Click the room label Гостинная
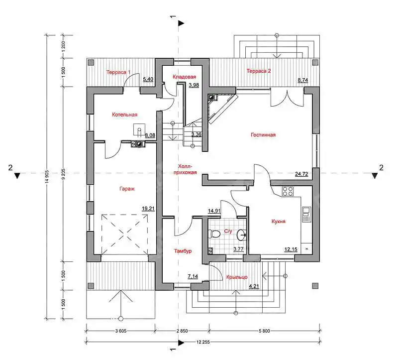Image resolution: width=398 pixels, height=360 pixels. tap(263, 134)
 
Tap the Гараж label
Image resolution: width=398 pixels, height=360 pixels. tap(127, 189)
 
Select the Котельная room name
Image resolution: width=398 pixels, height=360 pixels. tap(125, 115)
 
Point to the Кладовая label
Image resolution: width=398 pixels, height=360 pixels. tap(184, 77)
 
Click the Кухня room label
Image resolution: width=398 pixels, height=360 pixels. tap(279, 221)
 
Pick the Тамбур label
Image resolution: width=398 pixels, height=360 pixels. tap(183, 251)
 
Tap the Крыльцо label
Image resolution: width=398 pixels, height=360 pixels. tap(237, 277)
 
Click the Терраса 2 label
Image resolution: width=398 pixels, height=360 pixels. tap(259, 71)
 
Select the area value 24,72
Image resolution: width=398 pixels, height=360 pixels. tap(301, 174)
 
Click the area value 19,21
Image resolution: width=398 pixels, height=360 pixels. tap(148, 209)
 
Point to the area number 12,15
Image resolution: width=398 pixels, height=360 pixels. tap(291, 249)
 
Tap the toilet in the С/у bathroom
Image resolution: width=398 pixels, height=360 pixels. tap(214, 234)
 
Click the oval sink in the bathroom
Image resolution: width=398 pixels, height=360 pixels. tap(241, 235)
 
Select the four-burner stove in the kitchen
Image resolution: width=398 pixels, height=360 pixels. tap(288, 191)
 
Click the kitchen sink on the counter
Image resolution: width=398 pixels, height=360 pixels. tap(306, 215)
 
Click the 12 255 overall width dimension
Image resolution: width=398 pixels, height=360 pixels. tap(203, 342)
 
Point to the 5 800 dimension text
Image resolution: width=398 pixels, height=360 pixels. tap(264, 331)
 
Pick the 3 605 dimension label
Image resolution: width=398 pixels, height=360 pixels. tap(121, 331)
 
